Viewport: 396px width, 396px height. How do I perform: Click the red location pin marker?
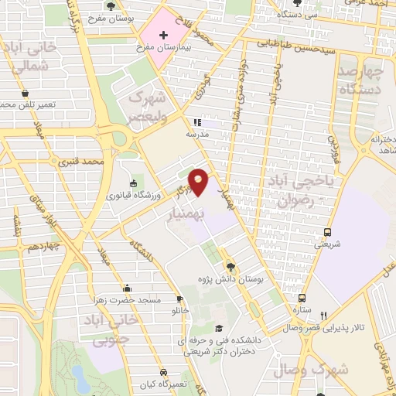199,181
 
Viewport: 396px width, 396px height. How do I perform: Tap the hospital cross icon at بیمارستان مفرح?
163,35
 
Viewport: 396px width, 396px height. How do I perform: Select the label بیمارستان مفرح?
164,48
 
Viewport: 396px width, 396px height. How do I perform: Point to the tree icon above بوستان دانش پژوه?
230,267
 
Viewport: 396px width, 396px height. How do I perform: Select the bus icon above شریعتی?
328,231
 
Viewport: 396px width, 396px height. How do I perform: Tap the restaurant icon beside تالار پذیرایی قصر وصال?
323,316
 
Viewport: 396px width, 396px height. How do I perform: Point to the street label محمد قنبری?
85,162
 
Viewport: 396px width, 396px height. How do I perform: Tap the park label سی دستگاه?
301,13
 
